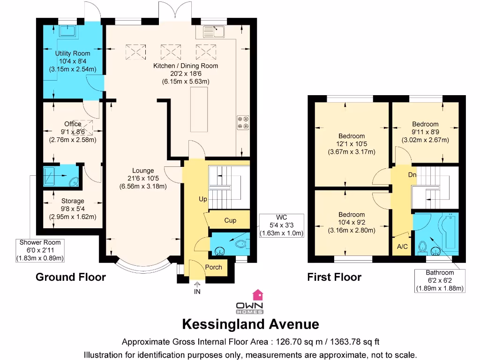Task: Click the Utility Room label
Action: pos(72,53)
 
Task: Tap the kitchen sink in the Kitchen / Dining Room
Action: pos(214,31)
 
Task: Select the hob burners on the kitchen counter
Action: pos(243,122)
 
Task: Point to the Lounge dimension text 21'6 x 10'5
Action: pos(143,178)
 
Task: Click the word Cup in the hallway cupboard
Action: pos(230,220)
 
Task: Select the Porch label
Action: pos(213,267)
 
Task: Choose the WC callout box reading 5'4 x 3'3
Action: pos(282,225)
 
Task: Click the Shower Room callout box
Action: pos(40,250)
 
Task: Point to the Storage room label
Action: pos(73,201)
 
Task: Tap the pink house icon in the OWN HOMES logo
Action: pos(258,294)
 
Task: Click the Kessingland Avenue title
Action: pos(250,324)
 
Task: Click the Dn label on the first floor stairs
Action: pos(412,175)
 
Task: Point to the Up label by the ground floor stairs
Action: pos(202,199)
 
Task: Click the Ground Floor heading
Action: pos(71,277)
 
